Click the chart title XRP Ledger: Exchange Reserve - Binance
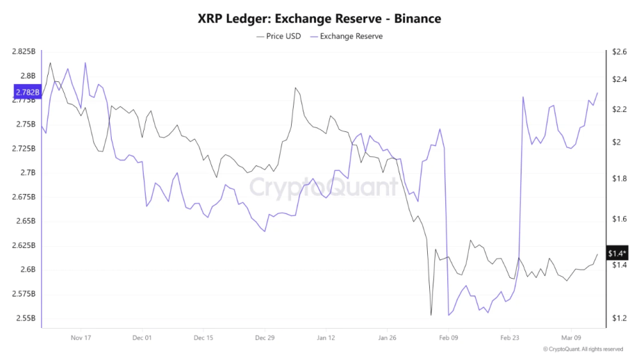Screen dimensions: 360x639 click(x=319, y=18)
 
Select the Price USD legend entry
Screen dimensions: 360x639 click(x=279, y=36)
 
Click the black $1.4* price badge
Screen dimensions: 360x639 click(x=616, y=254)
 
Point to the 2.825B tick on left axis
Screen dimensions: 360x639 click(x=24, y=51)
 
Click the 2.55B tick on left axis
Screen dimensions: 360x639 click(x=26, y=318)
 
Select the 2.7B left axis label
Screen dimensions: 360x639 click(x=28, y=172)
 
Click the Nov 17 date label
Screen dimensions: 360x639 click(x=81, y=338)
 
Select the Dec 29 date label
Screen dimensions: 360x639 click(x=265, y=338)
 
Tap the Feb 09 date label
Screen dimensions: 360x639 click(x=449, y=338)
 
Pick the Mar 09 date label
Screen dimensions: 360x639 click(x=571, y=338)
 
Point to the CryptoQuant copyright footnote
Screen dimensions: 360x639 click(x=583, y=350)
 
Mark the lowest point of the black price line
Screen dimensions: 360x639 click(x=431, y=315)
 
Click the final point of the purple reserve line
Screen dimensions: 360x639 click(x=597, y=93)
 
